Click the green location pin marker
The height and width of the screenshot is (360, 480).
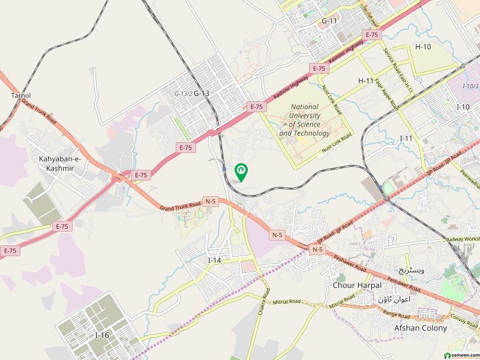pos(241,172)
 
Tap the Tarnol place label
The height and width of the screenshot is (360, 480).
pos(20,95)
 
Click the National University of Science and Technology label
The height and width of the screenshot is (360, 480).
pos(304,120)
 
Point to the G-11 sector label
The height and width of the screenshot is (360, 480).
pos(329,21)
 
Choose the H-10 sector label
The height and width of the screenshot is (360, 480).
pos(423,47)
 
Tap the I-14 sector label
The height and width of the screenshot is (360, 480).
pos(215,260)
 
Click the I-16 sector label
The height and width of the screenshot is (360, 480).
pos(101,335)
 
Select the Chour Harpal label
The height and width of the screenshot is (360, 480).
pos(353,285)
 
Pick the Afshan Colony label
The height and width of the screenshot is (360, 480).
pos(420,328)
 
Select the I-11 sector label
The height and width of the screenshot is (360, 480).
pos(406,138)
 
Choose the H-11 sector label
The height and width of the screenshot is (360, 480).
pos(366,80)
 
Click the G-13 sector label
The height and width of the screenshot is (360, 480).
pos(202,93)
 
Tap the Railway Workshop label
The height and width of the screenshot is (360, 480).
pos(463,239)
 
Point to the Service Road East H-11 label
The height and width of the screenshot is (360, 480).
pos(398,69)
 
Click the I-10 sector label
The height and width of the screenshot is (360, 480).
pos(463,107)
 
